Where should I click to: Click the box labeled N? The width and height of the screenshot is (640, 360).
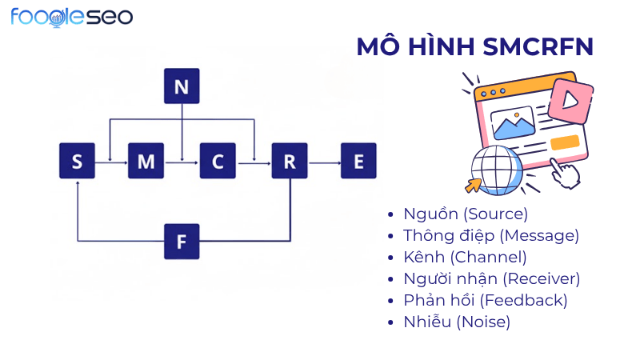tap(182, 86)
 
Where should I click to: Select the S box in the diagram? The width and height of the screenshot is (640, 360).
tap(77, 162)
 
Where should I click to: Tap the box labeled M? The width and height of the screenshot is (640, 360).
tap(146, 162)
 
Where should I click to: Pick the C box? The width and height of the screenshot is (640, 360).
tap(218, 162)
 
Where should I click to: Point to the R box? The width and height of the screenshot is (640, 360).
tap(290, 162)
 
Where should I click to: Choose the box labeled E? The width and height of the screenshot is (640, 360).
tap(358, 162)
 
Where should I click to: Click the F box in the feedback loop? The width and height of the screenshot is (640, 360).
tap(182, 241)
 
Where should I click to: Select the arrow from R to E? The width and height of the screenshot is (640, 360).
tap(324, 162)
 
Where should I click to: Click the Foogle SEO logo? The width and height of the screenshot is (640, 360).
tap(72, 17)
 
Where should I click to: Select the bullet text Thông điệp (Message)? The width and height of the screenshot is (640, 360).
tap(491, 235)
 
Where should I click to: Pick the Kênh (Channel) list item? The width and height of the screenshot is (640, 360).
tap(465, 257)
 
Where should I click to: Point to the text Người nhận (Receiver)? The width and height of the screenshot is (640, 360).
tap(492, 278)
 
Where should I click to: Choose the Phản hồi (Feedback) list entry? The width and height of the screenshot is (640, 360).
tap(486, 300)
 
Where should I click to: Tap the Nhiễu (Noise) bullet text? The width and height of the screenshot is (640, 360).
tap(457, 322)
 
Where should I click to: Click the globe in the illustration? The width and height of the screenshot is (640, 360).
tap(496, 167)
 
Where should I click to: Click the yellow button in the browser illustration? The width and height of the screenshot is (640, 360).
tap(564, 142)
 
